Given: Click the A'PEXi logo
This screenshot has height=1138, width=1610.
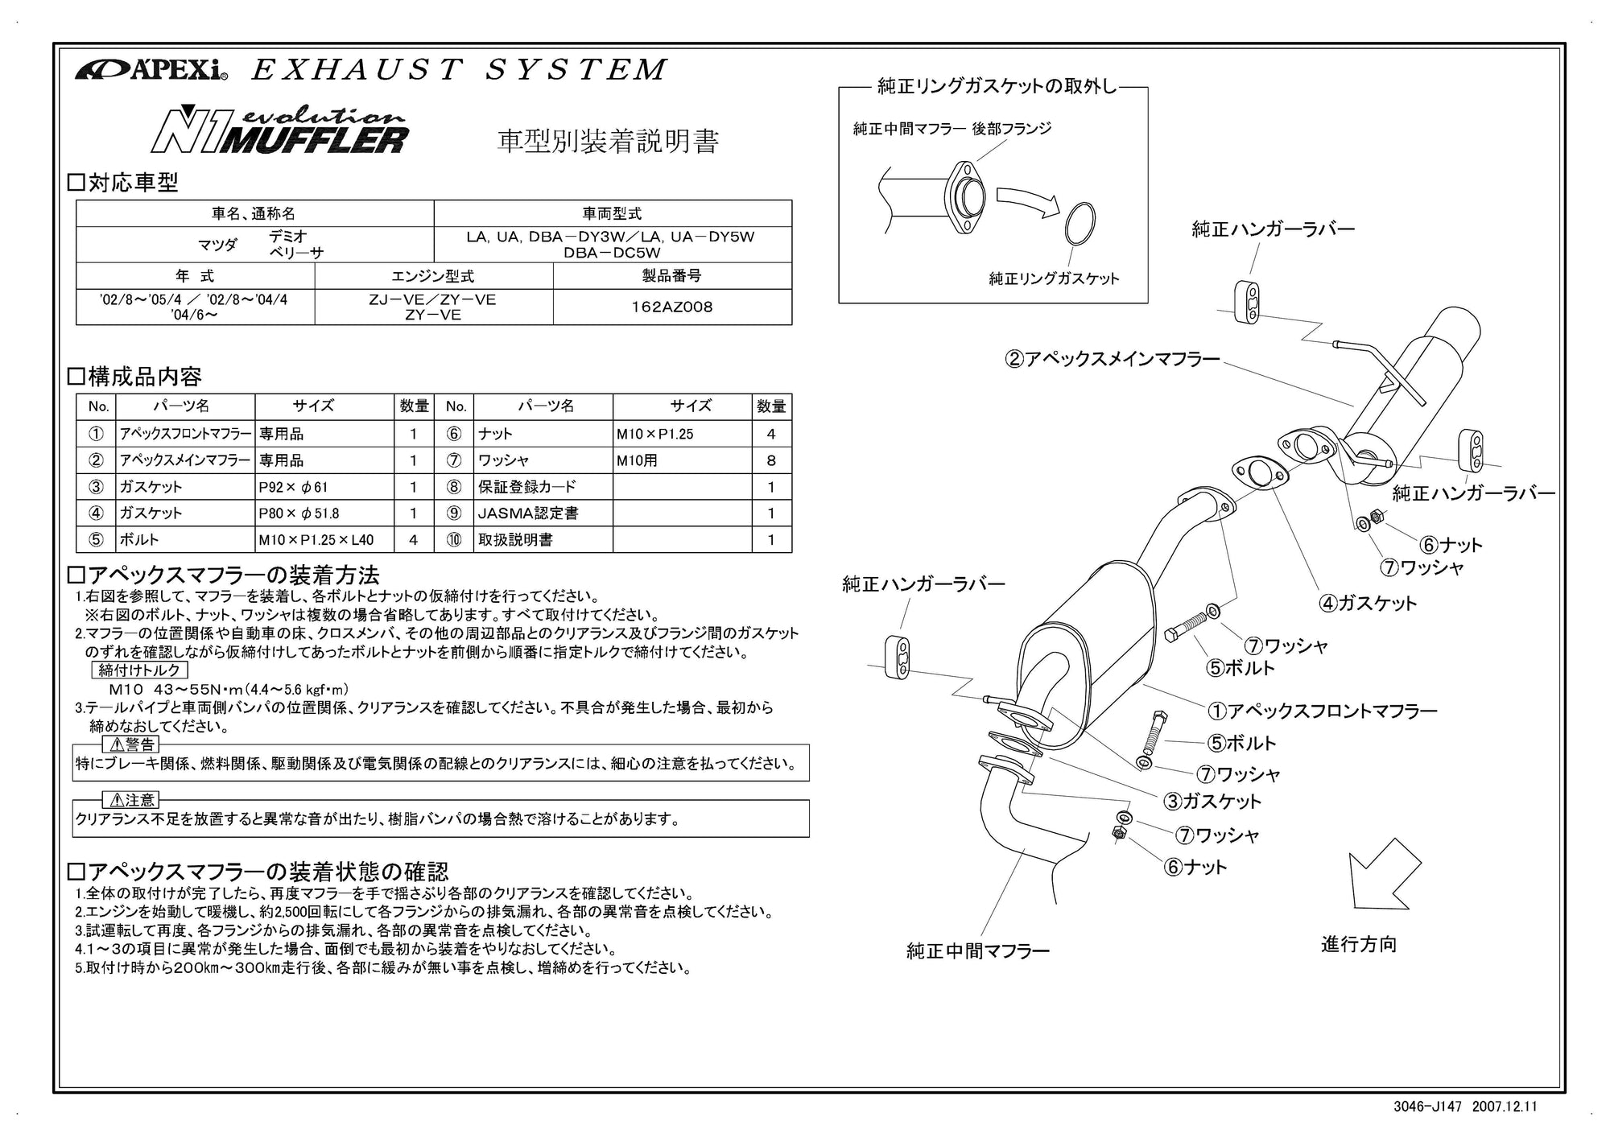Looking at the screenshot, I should pos(151,71).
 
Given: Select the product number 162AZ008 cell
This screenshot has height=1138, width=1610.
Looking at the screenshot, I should pos(672,307).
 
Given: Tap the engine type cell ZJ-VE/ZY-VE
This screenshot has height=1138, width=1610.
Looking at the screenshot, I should pos(433,307).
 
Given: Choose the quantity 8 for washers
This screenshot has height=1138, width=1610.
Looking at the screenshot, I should pos(771,460).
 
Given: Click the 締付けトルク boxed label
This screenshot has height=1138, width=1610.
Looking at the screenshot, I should pos(140,670).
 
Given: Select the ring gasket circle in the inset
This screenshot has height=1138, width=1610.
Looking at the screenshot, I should pos(1080,223).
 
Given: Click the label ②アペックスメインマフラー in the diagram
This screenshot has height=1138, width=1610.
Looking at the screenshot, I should pos(1113,359).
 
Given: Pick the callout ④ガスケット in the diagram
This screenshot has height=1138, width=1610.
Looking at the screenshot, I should pos(1367,603).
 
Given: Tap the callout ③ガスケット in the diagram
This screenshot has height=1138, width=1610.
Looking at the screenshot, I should pos(1212,801).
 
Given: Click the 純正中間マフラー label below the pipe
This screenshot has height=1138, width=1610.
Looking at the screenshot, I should pos(978,951).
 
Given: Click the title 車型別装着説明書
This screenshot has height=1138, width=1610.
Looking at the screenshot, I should pos(608,142).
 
